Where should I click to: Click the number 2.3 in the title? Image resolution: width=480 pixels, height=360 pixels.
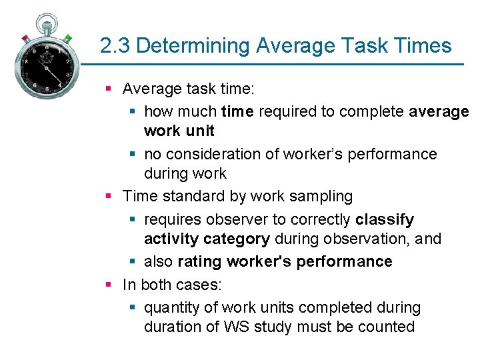pyautogui.click(x=115, y=46)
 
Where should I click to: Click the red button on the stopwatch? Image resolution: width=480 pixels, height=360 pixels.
pyautogui.click(x=25, y=37)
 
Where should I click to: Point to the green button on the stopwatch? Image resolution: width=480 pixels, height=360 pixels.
pyautogui.click(x=68, y=38)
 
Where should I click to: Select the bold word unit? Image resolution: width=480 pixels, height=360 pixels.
pyautogui.click(x=197, y=131)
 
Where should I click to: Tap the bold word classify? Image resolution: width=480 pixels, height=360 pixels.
pyautogui.click(x=385, y=219)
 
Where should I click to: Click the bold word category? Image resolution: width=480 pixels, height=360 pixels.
pyautogui.click(x=237, y=239)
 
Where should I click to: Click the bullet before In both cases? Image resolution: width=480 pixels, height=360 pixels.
pyautogui.click(x=108, y=285)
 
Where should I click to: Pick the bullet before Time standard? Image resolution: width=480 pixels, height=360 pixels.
pyautogui.click(x=108, y=196)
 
